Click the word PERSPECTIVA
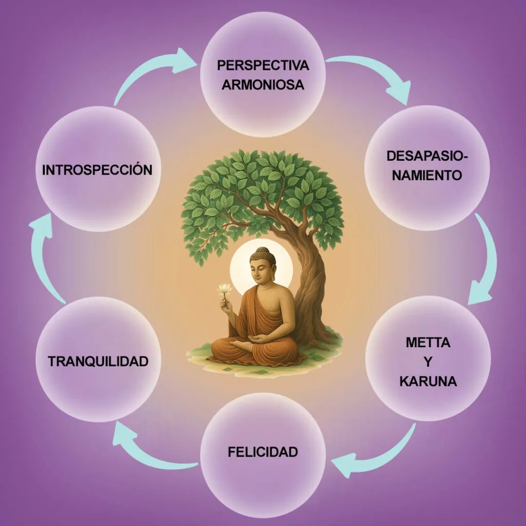point(262,65)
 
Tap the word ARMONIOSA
point(262,85)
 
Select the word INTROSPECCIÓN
point(97,170)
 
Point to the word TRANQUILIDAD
point(98,361)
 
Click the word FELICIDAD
point(262,452)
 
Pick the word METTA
point(428,343)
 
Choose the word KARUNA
point(428,382)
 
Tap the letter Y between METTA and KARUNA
point(428,362)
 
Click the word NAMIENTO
point(427,175)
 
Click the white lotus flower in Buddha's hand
point(225,289)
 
